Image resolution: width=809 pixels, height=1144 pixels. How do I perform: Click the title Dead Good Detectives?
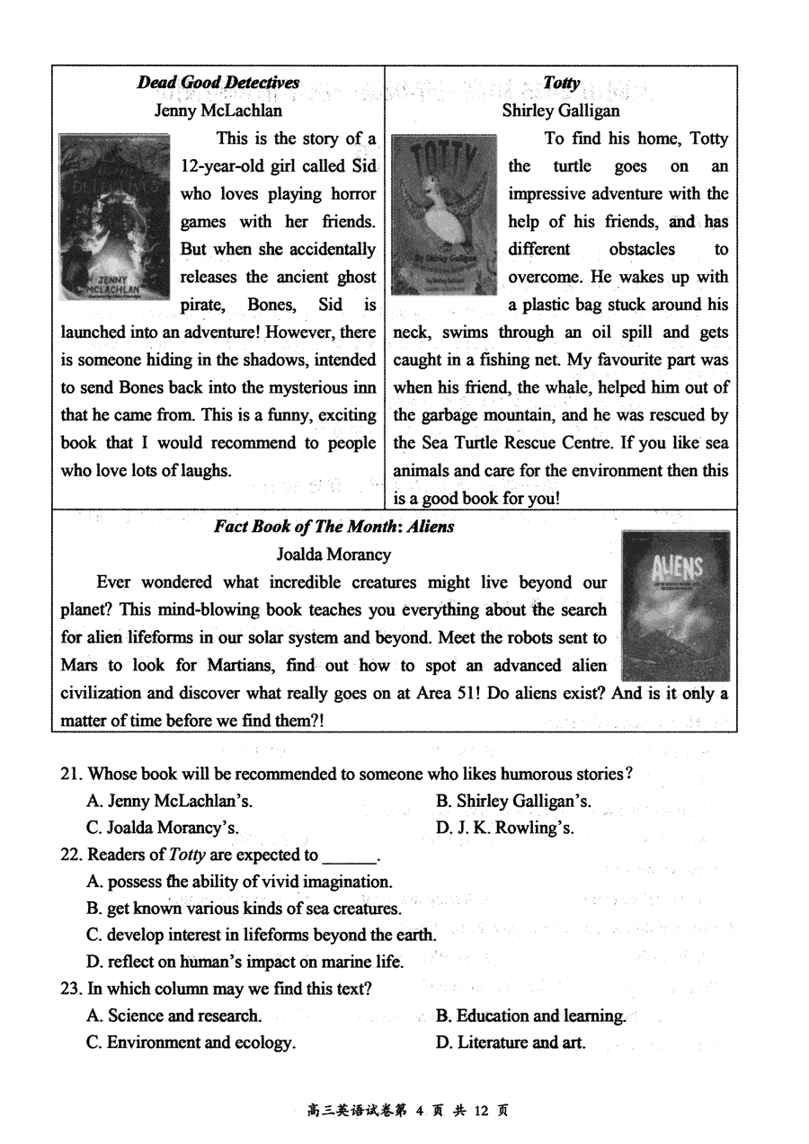point(218,83)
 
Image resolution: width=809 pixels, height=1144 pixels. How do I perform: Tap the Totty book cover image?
point(444,215)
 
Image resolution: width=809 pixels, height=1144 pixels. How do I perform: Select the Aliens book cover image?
point(675,605)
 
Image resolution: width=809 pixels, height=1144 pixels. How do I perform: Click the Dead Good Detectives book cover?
point(114,217)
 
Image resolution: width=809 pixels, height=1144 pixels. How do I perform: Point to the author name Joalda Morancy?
point(333,554)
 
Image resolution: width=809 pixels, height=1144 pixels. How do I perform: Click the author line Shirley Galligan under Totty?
point(561,111)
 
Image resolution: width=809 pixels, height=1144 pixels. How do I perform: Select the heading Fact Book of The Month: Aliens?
point(333,527)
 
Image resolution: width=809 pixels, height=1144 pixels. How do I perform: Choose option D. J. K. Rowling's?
point(505,828)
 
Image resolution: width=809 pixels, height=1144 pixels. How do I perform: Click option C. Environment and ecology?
point(191,1042)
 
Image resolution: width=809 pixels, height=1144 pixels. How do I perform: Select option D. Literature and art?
point(511,1042)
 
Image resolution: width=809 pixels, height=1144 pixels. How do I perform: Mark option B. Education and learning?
point(530,1015)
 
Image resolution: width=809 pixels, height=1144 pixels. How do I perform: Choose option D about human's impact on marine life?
point(244,962)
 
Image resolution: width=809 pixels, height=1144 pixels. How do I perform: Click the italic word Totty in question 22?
point(187,855)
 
